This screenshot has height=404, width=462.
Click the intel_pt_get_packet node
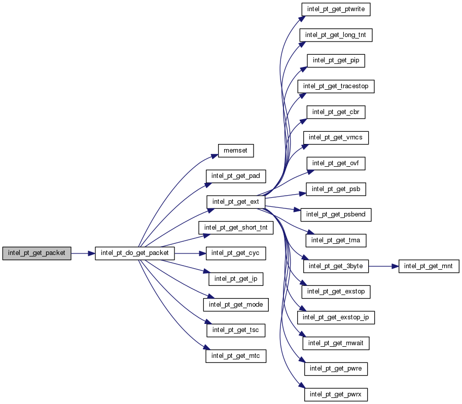37,252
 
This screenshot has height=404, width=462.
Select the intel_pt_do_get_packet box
135,252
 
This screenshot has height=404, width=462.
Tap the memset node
235,150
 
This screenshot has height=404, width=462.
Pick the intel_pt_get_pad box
235,176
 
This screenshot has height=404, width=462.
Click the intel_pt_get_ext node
235,201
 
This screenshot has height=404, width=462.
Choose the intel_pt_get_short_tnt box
235,227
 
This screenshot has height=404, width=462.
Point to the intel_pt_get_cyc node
235,252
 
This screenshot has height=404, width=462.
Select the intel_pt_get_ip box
235,278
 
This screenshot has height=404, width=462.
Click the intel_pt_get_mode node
235,304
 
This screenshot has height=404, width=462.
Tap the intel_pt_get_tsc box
235,330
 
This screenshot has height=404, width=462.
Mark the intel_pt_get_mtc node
235,356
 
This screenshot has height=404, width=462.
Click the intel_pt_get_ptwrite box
336,9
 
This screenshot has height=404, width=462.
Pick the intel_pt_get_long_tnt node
336,35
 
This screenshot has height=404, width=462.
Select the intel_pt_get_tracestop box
336,86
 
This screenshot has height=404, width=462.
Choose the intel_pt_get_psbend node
336,214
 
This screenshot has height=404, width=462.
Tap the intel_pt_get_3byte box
336,266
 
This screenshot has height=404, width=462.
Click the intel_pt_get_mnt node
429,266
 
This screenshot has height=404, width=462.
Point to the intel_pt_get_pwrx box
336,394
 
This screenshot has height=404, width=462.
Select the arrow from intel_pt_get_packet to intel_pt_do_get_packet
83,252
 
